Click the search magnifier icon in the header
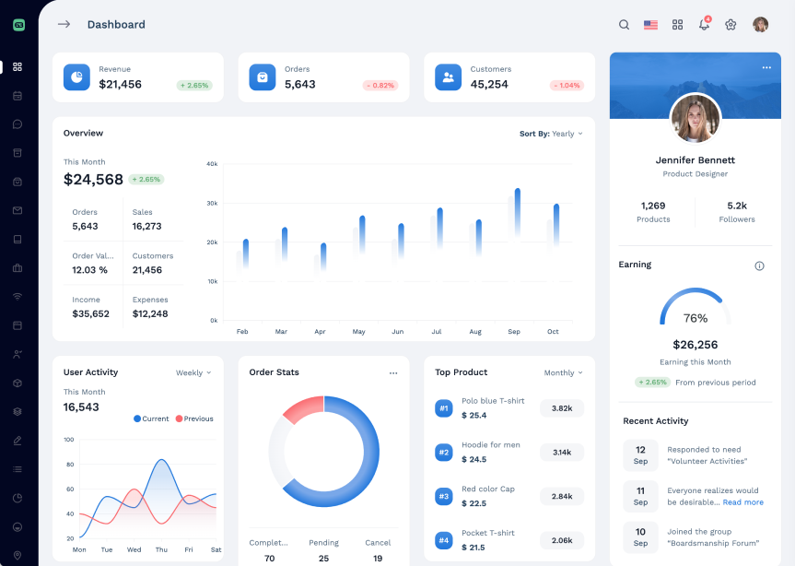click(624, 25)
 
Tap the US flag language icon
click(650, 25)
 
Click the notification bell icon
click(704, 25)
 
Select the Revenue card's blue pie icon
click(76, 77)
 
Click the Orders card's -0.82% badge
click(380, 86)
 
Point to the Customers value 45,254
click(489, 85)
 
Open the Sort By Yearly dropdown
click(551, 134)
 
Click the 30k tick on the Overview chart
click(212, 203)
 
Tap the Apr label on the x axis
click(320, 332)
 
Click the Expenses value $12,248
click(150, 314)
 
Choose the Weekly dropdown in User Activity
click(193, 373)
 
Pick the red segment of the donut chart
click(302, 409)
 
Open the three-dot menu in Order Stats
click(393, 373)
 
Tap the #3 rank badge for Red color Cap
click(443, 496)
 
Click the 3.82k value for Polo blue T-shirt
click(562, 408)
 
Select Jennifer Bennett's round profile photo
click(696, 119)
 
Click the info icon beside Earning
click(759, 265)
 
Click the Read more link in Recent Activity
click(742, 502)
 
